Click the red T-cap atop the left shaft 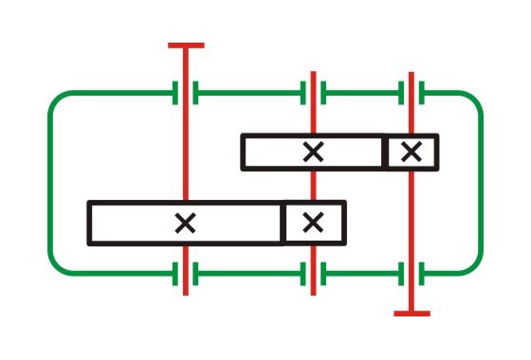pos(186,45)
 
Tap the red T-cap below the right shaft pos(411,313)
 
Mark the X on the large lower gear pos(186,224)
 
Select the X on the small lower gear pos(313,223)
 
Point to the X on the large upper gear pos(312,152)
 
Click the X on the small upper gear pos(411,152)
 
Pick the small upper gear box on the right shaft pos(411,152)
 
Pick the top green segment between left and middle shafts pos(248,93)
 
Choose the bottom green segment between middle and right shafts pos(362,274)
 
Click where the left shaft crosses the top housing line pos(186,93)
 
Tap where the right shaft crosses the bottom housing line pos(411,274)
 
